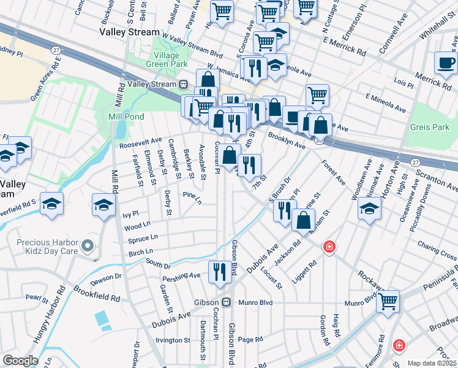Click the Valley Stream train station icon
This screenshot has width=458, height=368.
coord(183,84)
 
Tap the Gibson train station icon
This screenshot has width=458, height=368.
coord(226,302)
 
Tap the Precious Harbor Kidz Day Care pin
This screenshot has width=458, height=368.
coord(88,247)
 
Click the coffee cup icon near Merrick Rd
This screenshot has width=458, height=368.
coord(446,63)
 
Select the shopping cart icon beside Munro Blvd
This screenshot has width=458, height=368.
coord(387,301)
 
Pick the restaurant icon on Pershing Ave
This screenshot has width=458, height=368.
coord(220,270)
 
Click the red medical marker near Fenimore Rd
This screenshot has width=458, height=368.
coord(399,345)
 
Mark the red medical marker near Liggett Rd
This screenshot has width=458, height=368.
coord(329,247)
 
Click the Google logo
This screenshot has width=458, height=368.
coord(20,361)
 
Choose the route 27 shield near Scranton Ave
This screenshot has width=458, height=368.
coord(415,162)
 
